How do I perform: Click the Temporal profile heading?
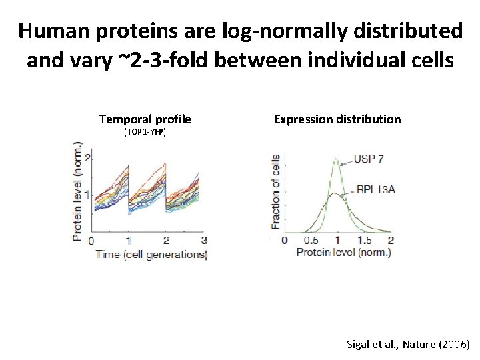(145, 119)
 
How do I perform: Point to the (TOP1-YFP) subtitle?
(145, 133)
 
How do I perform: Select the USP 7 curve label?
(370, 159)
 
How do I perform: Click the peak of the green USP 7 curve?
(337, 158)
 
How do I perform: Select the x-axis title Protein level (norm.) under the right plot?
(343, 252)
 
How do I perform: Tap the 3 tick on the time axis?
(204, 241)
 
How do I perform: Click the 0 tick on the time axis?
(91, 241)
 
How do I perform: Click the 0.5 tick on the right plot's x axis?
(311, 240)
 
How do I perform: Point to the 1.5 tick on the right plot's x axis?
(365, 240)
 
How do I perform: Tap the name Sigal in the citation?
(360, 345)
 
